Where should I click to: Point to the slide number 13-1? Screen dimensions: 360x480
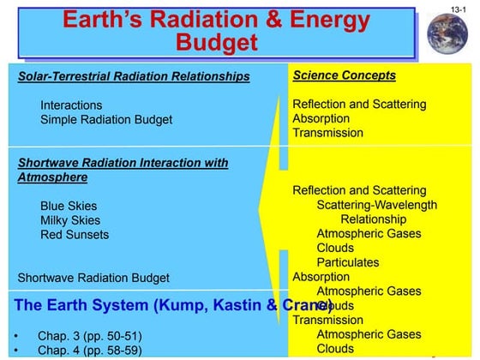[x=460, y=8]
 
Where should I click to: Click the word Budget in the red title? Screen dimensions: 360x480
[x=218, y=41]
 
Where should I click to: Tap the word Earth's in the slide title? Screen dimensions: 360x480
[x=117, y=18]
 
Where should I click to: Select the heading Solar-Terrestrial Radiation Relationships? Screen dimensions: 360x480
[x=134, y=77]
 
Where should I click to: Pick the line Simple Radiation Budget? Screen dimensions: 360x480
[x=106, y=120]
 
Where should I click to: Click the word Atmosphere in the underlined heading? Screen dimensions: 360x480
[x=51, y=177]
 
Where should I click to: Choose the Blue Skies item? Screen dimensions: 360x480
[x=69, y=207]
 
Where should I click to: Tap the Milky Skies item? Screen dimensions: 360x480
[x=71, y=220]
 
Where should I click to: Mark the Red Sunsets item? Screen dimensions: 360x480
[x=75, y=235]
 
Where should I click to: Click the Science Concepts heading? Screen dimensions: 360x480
[x=344, y=75]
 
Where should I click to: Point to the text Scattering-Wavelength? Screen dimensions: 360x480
[x=376, y=205]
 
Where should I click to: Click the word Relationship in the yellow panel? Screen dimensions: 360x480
[x=375, y=219]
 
